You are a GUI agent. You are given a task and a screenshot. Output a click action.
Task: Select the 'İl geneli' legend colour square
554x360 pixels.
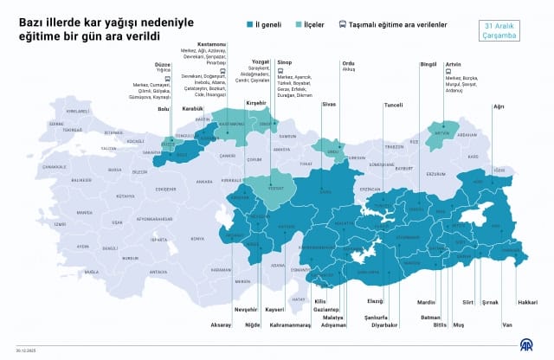[x=248, y=25]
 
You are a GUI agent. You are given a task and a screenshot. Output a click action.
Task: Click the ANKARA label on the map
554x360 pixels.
[x=204, y=182]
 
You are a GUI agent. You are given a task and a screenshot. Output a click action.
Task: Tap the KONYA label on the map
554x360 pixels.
[x=197, y=239]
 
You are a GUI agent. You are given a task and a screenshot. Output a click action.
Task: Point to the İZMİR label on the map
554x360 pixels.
[x=58, y=224]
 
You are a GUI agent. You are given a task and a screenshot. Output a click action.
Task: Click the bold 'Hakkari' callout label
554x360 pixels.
[x=527, y=302]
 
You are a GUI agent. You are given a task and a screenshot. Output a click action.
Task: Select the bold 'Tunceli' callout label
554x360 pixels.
[x=393, y=106]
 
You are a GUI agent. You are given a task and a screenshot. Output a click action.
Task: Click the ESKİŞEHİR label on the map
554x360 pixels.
[x=159, y=189]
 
